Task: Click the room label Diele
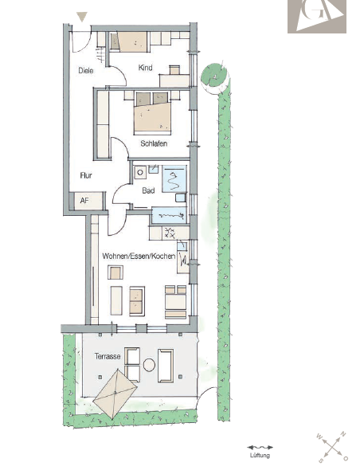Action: (86, 71)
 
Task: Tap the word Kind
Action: (146, 68)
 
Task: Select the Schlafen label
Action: (154, 143)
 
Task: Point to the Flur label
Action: (86, 175)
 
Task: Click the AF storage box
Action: (87, 201)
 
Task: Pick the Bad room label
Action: (148, 190)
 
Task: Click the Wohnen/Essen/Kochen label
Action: (139, 257)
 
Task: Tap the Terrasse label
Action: (108, 356)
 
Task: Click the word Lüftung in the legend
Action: (260, 456)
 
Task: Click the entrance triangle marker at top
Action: (82, 17)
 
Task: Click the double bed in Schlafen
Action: (153, 113)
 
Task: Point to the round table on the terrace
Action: (149, 365)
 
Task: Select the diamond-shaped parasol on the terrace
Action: (115, 394)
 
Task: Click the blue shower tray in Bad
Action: (174, 179)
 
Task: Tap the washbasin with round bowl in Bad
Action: (140, 172)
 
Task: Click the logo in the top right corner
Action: (317, 16)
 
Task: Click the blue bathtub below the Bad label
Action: (170, 215)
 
